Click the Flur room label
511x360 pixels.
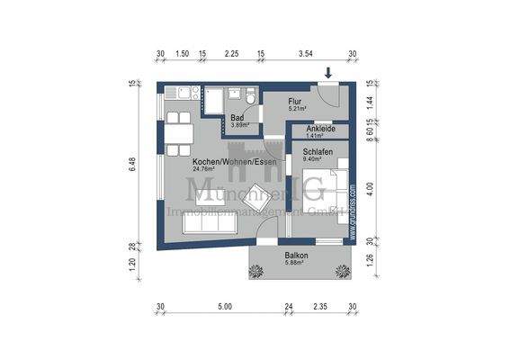tap(295, 103)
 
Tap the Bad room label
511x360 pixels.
tap(238, 118)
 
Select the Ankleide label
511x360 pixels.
tap(320, 129)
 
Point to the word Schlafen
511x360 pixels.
tap(318, 153)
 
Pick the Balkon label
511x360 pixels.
tap(298, 256)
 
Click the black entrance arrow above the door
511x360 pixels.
tap(329, 72)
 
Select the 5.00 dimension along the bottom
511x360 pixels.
tap(224, 307)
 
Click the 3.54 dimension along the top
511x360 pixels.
tap(304, 54)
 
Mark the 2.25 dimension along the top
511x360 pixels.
tap(231, 54)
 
